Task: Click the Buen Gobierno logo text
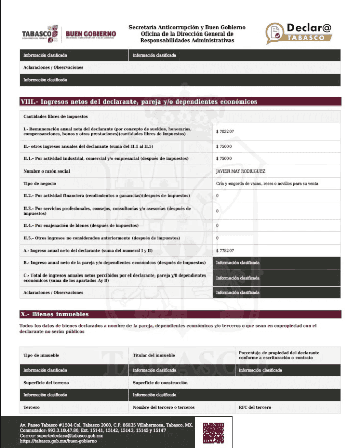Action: click(91, 34)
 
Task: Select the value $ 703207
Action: click(225, 131)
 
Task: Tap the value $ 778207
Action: click(225, 250)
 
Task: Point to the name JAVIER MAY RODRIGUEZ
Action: click(240, 171)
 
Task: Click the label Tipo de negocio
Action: click(40, 183)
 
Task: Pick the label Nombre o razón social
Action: click(47, 171)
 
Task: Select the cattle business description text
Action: click(267, 183)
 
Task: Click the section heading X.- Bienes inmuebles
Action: click(54, 314)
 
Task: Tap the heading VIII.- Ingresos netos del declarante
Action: click(139, 101)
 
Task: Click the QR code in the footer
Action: click(213, 432)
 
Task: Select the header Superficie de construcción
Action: click(160, 382)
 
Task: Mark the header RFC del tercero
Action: click(254, 407)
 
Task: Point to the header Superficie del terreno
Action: click(46, 382)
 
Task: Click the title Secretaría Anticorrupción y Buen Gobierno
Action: click(187, 27)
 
